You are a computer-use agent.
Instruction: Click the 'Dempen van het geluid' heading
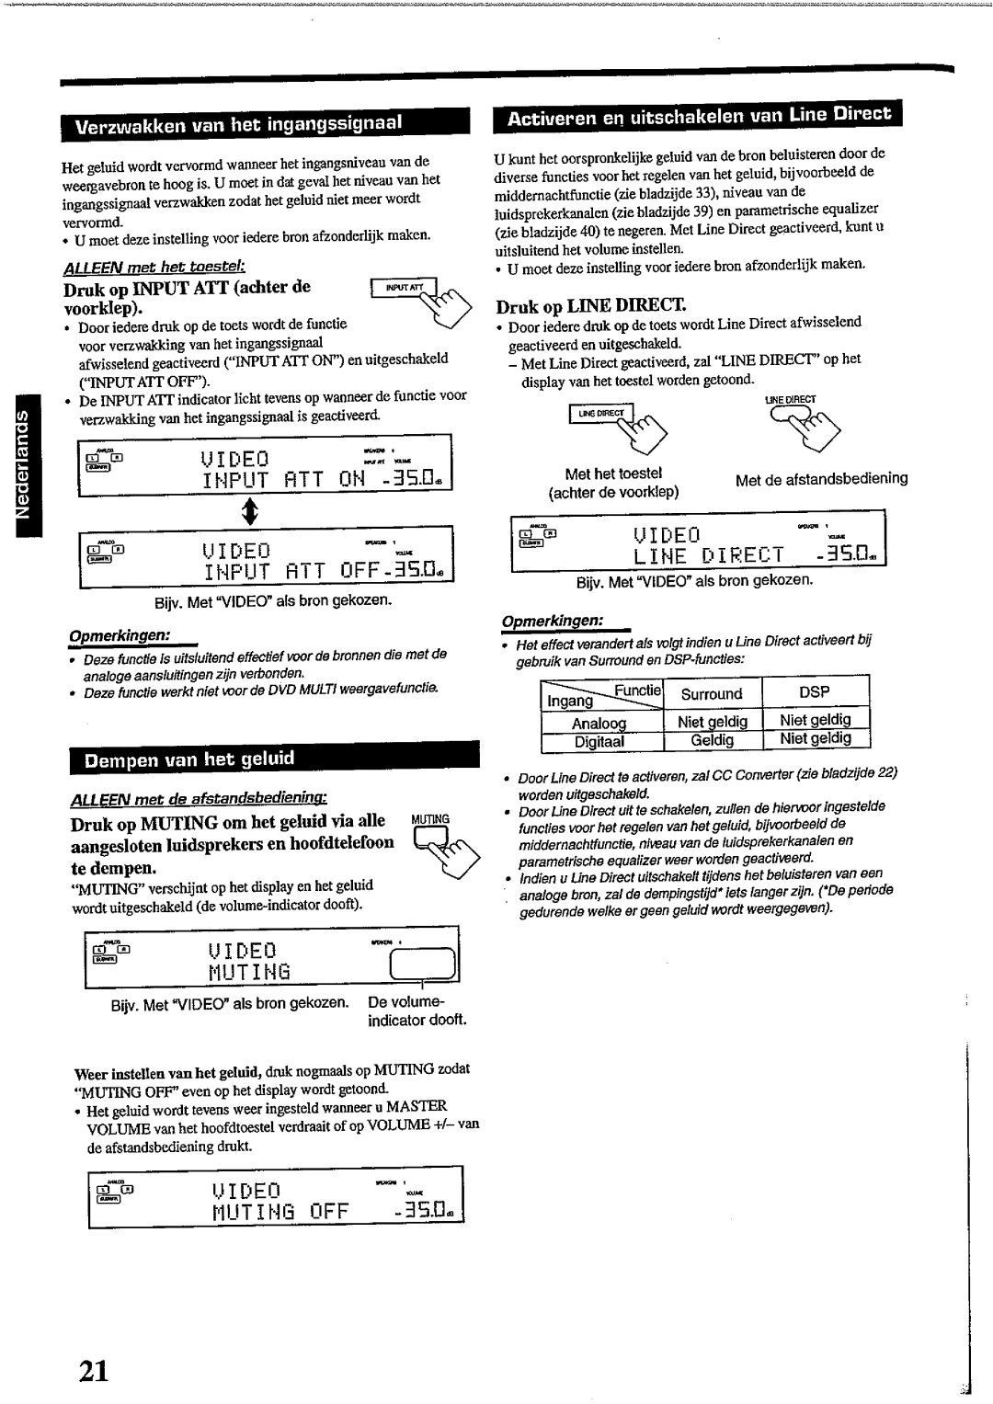(190, 759)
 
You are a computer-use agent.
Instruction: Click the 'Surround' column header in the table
(712, 694)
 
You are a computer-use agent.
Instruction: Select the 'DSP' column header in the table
(815, 692)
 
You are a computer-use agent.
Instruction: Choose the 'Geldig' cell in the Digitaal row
(713, 740)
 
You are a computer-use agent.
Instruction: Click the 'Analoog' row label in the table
(599, 723)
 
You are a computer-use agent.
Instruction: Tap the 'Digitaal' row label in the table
(599, 741)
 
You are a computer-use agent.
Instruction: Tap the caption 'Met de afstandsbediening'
(822, 478)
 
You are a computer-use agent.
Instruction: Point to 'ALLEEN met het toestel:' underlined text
(153, 267)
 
